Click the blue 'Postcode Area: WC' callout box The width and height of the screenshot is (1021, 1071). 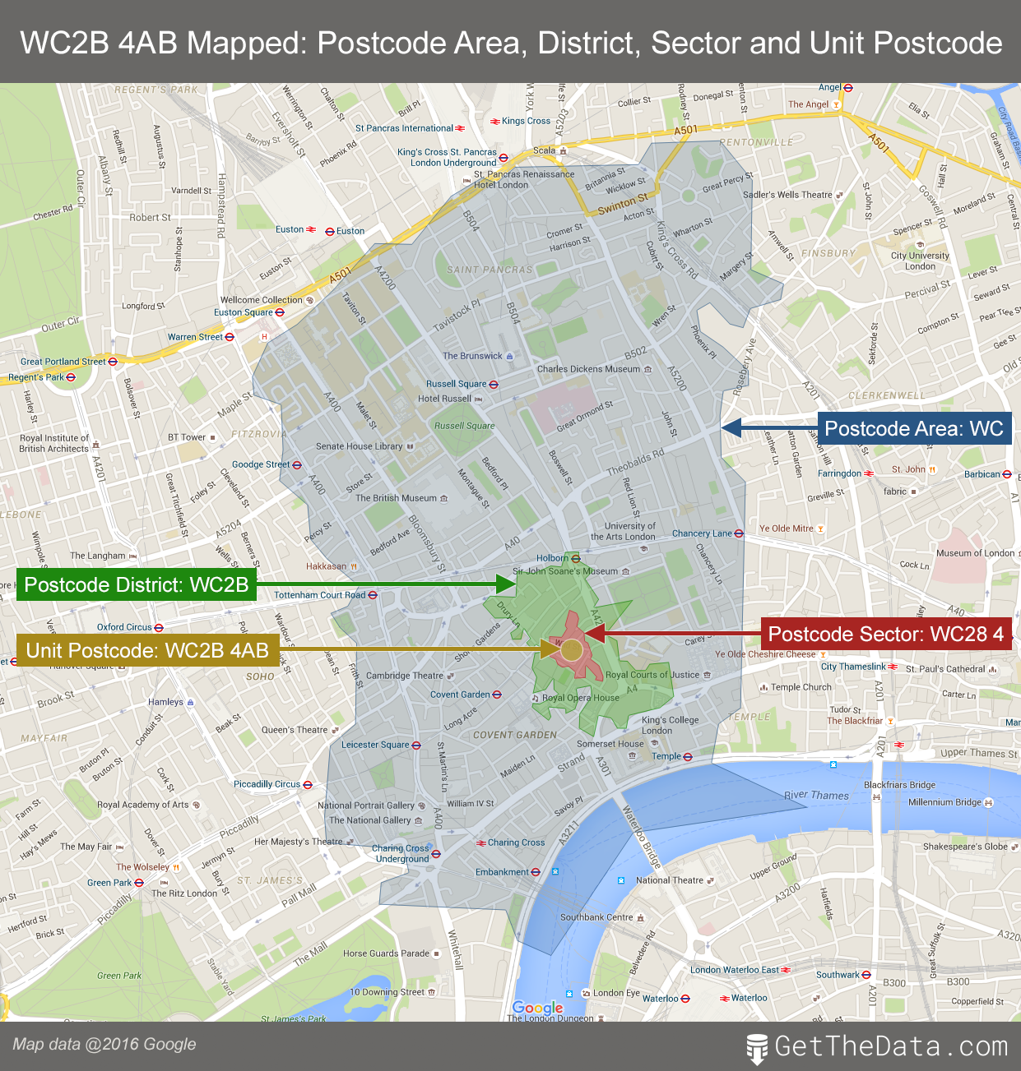tap(914, 428)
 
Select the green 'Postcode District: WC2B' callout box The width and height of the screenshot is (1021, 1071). tap(137, 584)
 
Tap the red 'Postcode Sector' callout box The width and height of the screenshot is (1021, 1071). tap(885, 634)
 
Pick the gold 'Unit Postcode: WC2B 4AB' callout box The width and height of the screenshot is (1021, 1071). tap(147, 650)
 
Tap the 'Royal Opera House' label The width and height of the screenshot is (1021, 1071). tap(580, 698)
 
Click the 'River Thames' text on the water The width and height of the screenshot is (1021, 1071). tap(816, 795)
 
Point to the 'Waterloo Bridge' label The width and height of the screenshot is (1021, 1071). tap(641, 836)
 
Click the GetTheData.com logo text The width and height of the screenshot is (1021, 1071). tap(890, 1046)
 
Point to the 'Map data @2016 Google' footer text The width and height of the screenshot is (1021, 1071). tap(104, 1044)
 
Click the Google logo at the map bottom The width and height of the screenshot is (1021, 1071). tap(537, 1008)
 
